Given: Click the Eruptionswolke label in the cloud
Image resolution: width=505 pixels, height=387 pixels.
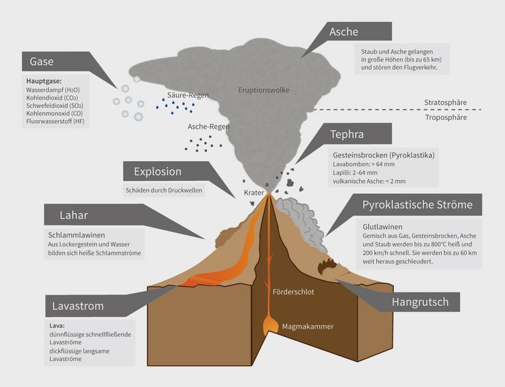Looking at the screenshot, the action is point(263,90).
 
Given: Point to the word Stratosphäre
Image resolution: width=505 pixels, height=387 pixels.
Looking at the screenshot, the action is point(445,102).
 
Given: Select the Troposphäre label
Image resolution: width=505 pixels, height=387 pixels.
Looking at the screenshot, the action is point(446,117).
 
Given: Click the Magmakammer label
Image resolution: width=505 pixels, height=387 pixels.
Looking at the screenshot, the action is point(308,327).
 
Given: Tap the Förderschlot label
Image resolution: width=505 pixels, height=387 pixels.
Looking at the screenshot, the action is point(293,292).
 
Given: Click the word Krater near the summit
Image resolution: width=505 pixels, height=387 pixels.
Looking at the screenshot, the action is point(254,192).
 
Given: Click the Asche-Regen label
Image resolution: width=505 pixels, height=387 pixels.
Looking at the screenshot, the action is point(208,127).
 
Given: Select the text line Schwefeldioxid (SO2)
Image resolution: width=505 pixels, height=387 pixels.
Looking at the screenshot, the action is point(55,105).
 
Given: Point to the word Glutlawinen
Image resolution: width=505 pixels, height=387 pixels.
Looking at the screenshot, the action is point(382,227).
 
